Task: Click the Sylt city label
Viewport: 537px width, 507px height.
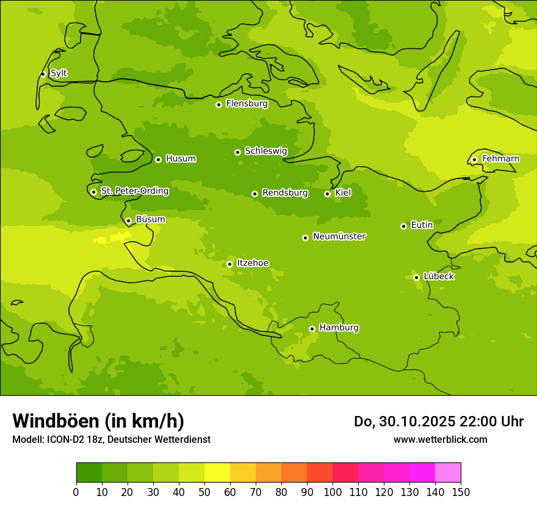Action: [59, 73]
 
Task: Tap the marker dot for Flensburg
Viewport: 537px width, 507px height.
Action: [218, 104]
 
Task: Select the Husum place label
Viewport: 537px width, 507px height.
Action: [181, 159]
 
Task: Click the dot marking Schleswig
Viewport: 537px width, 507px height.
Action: [237, 152]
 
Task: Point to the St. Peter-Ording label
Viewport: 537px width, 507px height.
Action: [134, 191]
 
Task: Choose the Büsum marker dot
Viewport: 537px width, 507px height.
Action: [128, 221]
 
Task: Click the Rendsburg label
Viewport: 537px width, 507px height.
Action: [284, 193]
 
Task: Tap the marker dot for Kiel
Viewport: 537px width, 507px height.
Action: [327, 194]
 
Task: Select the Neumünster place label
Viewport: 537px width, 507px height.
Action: [339, 236]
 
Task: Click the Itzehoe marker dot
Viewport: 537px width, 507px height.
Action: [229, 264]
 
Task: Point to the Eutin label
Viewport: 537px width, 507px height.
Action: [422, 225]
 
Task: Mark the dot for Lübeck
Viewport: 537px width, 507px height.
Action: [416, 277]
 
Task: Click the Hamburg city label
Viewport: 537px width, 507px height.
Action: [339, 328]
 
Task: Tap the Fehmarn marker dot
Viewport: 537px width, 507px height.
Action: [474, 159]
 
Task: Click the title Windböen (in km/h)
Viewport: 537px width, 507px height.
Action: [98, 421]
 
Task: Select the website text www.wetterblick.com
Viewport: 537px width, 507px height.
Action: [440, 439]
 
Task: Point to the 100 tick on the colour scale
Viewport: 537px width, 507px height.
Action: [333, 492]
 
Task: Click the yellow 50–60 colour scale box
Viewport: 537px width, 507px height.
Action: [217, 473]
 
